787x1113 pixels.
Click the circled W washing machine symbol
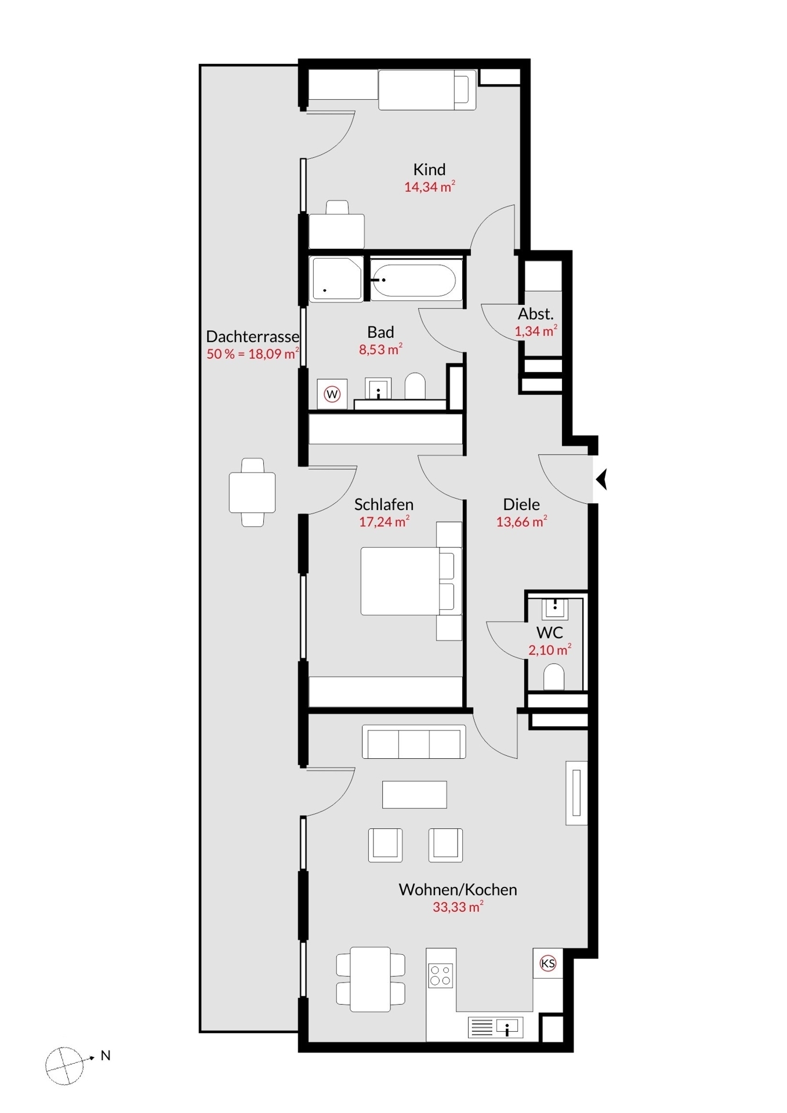click(x=332, y=394)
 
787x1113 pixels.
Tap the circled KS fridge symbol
click(x=547, y=963)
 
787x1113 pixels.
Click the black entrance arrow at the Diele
click(x=601, y=479)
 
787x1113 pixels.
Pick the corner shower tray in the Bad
click(x=336, y=279)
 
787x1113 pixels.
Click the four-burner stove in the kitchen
click(x=440, y=975)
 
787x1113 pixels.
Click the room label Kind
click(x=429, y=169)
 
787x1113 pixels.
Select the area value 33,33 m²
click(x=458, y=907)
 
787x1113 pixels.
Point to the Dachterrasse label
click(x=252, y=336)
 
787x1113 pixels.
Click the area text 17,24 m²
click(x=384, y=521)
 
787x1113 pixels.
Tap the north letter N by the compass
click(x=106, y=1056)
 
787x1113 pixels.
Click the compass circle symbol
click(x=64, y=1066)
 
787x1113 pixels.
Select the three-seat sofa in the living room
click(x=414, y=741)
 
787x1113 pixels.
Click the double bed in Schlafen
click(x=411, y=581)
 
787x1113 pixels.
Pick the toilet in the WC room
click(x=554, y=677)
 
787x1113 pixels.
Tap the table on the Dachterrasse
click(x=252, y=492)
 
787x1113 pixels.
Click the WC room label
click(x=550, y=632)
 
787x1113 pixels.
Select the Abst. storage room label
click(x=536, y=314)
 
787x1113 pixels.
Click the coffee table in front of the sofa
click(x=415, y=794)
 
